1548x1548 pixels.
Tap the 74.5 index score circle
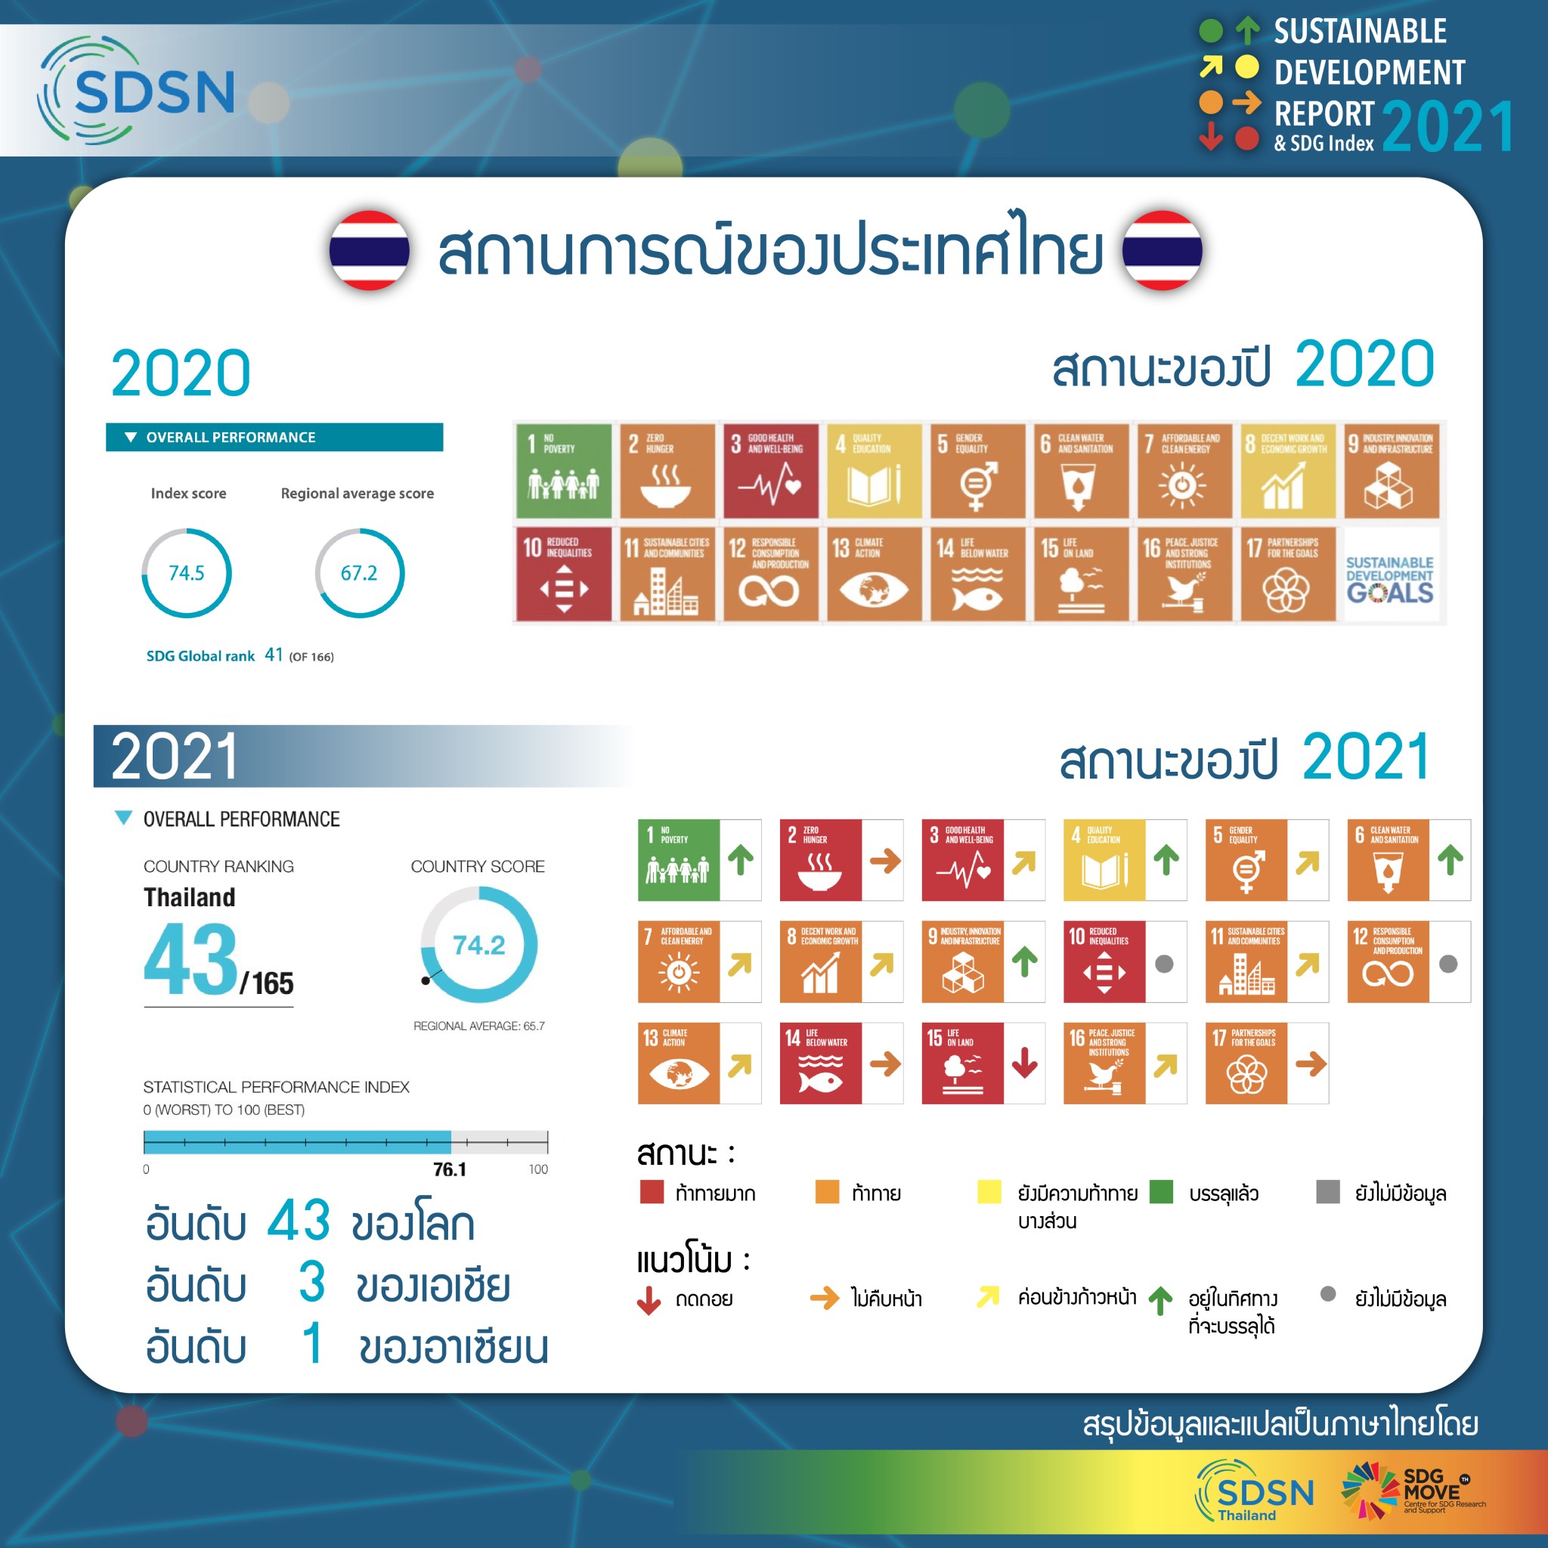tap(186, 573)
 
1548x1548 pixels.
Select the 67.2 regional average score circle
tap(359, 573)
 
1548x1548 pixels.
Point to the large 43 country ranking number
tap(190, 958)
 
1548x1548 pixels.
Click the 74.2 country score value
tap(478, 946)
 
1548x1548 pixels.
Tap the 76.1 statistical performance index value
tap(450, 1169)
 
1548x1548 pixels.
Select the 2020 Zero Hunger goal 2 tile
tap(666, 471)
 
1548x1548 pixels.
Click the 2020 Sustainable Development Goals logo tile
tap(1389, 575)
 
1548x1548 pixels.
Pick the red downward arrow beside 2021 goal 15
tap(1024, 1063)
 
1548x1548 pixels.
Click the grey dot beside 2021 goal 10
tap(1164, 964)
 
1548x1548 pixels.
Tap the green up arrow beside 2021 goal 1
tap(740, 859)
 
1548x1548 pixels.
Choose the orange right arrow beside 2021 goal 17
tap(1311, 1064)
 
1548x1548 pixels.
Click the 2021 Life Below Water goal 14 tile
tap(820, 1063)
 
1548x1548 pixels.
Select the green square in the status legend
tap(1161, 1191)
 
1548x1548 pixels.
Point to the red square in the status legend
tap(652, 1191)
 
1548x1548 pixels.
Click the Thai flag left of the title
tap(370, 250)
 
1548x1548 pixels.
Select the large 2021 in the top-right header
tap(1447, 126)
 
